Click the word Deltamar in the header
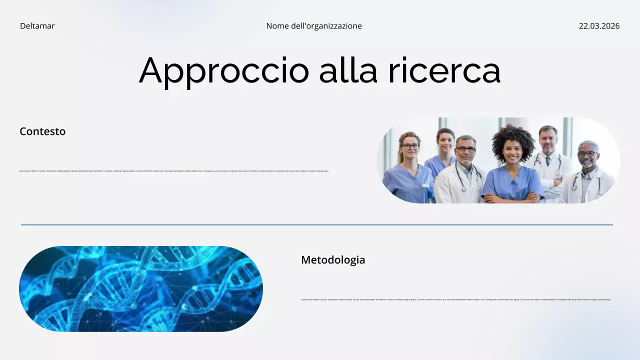tap(37, 26)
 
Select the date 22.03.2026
tap(599, 26)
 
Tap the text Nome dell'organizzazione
tap(314, 26)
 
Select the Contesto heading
tap(42, 131)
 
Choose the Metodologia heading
tap(333, 260)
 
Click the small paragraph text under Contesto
tap(174, 171)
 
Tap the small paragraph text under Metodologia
tap(456, 299)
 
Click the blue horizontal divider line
tap(317, 225)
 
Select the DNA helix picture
tap(141, 289)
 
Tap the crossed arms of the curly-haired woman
tap(512, 196)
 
